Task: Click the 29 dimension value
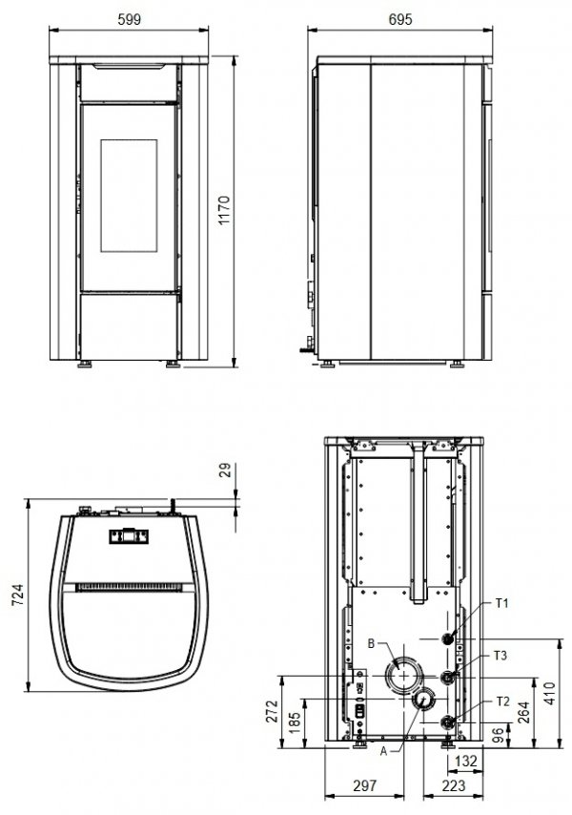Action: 225,471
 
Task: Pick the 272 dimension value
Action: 272,713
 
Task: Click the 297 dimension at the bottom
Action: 366,785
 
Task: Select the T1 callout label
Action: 502,603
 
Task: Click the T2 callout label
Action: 502,700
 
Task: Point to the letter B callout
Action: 372,643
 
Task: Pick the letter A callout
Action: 383,751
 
